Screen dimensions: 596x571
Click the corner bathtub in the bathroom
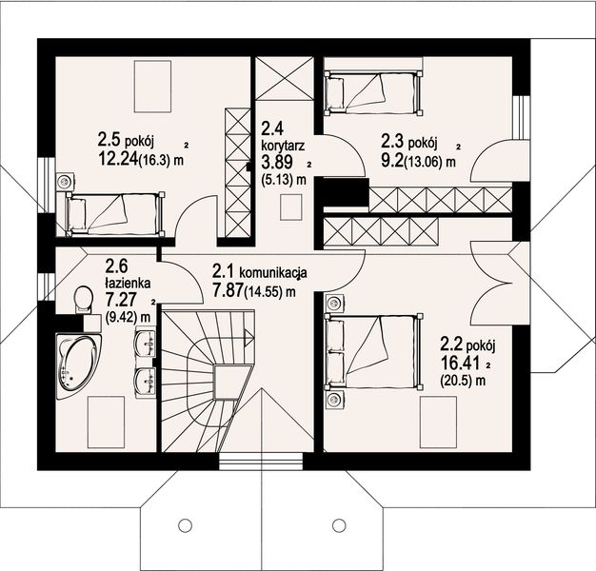pyautogui.click(x=78, y=366)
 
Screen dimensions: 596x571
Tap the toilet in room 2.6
pyautogui.click(x=84, y=299)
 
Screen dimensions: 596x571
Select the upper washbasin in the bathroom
pyautogui.click(x=145, y=344)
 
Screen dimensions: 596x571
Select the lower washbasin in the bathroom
pyautogui.click(x=145, y=382)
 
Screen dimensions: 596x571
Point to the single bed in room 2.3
pyautogui.click(x=372, y=93)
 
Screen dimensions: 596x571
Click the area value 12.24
pyautogui.click(x=117, y=159)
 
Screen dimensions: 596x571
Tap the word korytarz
pyautogui.click(x=283, y=147)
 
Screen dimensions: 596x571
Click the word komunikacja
pyautogui.click(x=273, y=272)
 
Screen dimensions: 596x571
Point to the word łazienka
pyautogui.click(x=128, y=283)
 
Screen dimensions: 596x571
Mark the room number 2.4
pyautogui.click(x=272, y=128)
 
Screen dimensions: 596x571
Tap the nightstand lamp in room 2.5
pyautogui.click(x=64, y=182)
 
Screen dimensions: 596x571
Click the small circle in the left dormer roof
pyautogui.click(x=185, y=525)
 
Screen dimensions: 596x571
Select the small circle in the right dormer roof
pyautogui.click(x=339, y=525)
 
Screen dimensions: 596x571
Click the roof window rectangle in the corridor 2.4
pyautogui.click(x=291, y=207)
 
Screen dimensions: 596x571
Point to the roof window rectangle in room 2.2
pyautogui.click(x=438, y=423)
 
